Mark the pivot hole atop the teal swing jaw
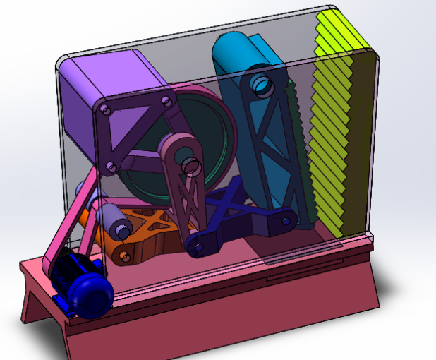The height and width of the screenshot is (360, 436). [260, 83]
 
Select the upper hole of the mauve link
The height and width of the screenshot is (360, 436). [189, 164]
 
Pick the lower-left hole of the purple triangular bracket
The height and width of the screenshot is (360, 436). [109, 167]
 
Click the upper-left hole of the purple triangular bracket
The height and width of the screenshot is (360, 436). [105, 111]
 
